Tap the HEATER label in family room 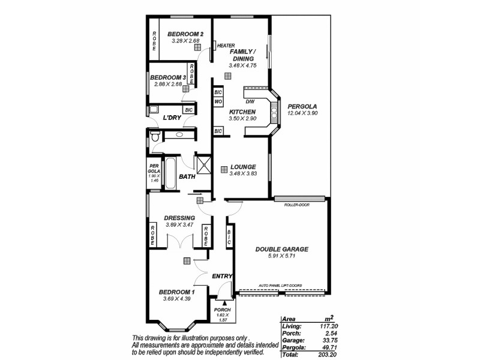point(226,46)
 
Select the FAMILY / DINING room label point(243,55)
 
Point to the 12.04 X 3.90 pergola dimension point(302,113)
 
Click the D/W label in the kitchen point(250,103)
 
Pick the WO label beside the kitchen point(218,103)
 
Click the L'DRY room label point(173,118)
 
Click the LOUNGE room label point(243,167)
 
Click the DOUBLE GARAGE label point(281,249)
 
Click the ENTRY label point(222,276)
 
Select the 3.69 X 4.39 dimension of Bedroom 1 point(175,298)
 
